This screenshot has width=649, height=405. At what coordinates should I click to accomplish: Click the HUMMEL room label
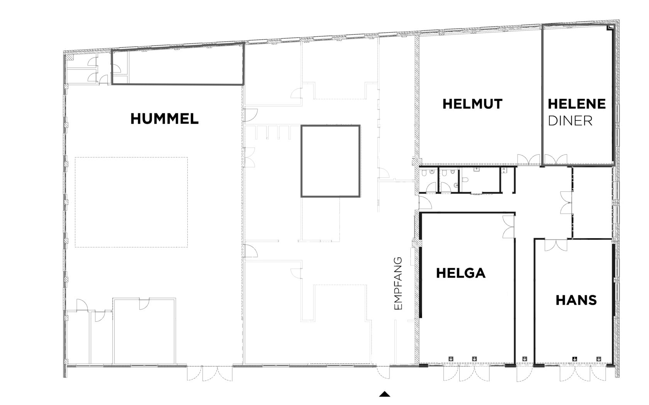(165, 119)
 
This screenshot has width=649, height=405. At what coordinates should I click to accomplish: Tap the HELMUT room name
(472, 104)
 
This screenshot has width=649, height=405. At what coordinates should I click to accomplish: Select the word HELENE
(576, 104)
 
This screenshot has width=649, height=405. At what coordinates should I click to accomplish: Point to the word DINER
(570, 121)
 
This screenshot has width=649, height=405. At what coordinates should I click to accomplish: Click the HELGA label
(460, 273)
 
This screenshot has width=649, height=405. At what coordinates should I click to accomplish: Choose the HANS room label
(576, 300)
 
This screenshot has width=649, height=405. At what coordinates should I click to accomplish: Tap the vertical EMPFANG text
(398, 283)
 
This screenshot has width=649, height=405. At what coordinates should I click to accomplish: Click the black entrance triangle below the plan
(384, 394)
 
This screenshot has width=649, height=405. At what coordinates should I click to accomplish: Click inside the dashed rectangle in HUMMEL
(131, 202)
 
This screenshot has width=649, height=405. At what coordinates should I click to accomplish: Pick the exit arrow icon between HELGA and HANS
(525, 359)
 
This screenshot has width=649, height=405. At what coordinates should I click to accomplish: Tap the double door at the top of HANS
(556, 245)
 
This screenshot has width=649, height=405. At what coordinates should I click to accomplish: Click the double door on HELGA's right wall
(508, 227)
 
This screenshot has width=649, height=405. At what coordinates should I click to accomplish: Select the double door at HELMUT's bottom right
(529, 160)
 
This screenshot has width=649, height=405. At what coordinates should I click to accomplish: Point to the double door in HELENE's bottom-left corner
(556, 160)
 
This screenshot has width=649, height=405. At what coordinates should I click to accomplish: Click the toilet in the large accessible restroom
(465, 180)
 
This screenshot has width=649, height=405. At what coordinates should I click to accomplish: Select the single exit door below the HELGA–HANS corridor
(525, 375)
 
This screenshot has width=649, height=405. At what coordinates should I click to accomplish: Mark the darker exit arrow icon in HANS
(574, 359)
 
